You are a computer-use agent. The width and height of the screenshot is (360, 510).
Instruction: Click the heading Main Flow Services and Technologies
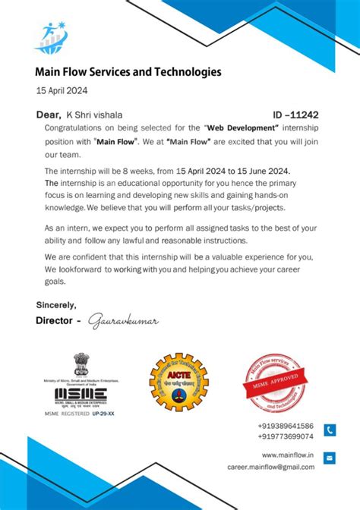tap(128, 73)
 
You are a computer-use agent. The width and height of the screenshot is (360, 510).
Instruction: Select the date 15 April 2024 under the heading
tap(62, 90)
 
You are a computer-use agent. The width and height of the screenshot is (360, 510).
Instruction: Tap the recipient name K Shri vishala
tap(93, 115)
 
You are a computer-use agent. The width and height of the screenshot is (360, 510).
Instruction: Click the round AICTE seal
tap(178, 382)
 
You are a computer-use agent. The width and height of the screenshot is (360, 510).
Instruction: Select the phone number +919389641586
tap(286, 427)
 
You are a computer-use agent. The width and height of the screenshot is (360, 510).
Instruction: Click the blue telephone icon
tap(329, 430)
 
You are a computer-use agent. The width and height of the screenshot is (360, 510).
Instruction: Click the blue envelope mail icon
tap(329, 458)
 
